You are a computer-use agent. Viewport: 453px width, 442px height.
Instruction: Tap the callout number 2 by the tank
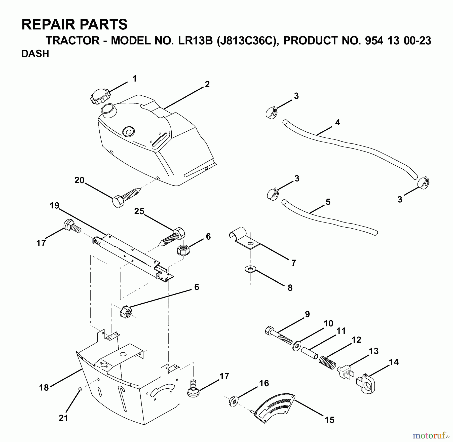coord(207,84)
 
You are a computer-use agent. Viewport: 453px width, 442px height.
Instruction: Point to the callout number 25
coord(139,211)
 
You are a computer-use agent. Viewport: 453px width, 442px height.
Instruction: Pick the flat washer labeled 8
coord(250,270)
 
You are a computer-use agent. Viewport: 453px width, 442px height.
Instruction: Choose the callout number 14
coord(394,362)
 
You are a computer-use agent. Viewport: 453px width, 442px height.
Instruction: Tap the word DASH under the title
coord(35,54)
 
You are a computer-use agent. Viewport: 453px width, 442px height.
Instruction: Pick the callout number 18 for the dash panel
coord(44,387)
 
